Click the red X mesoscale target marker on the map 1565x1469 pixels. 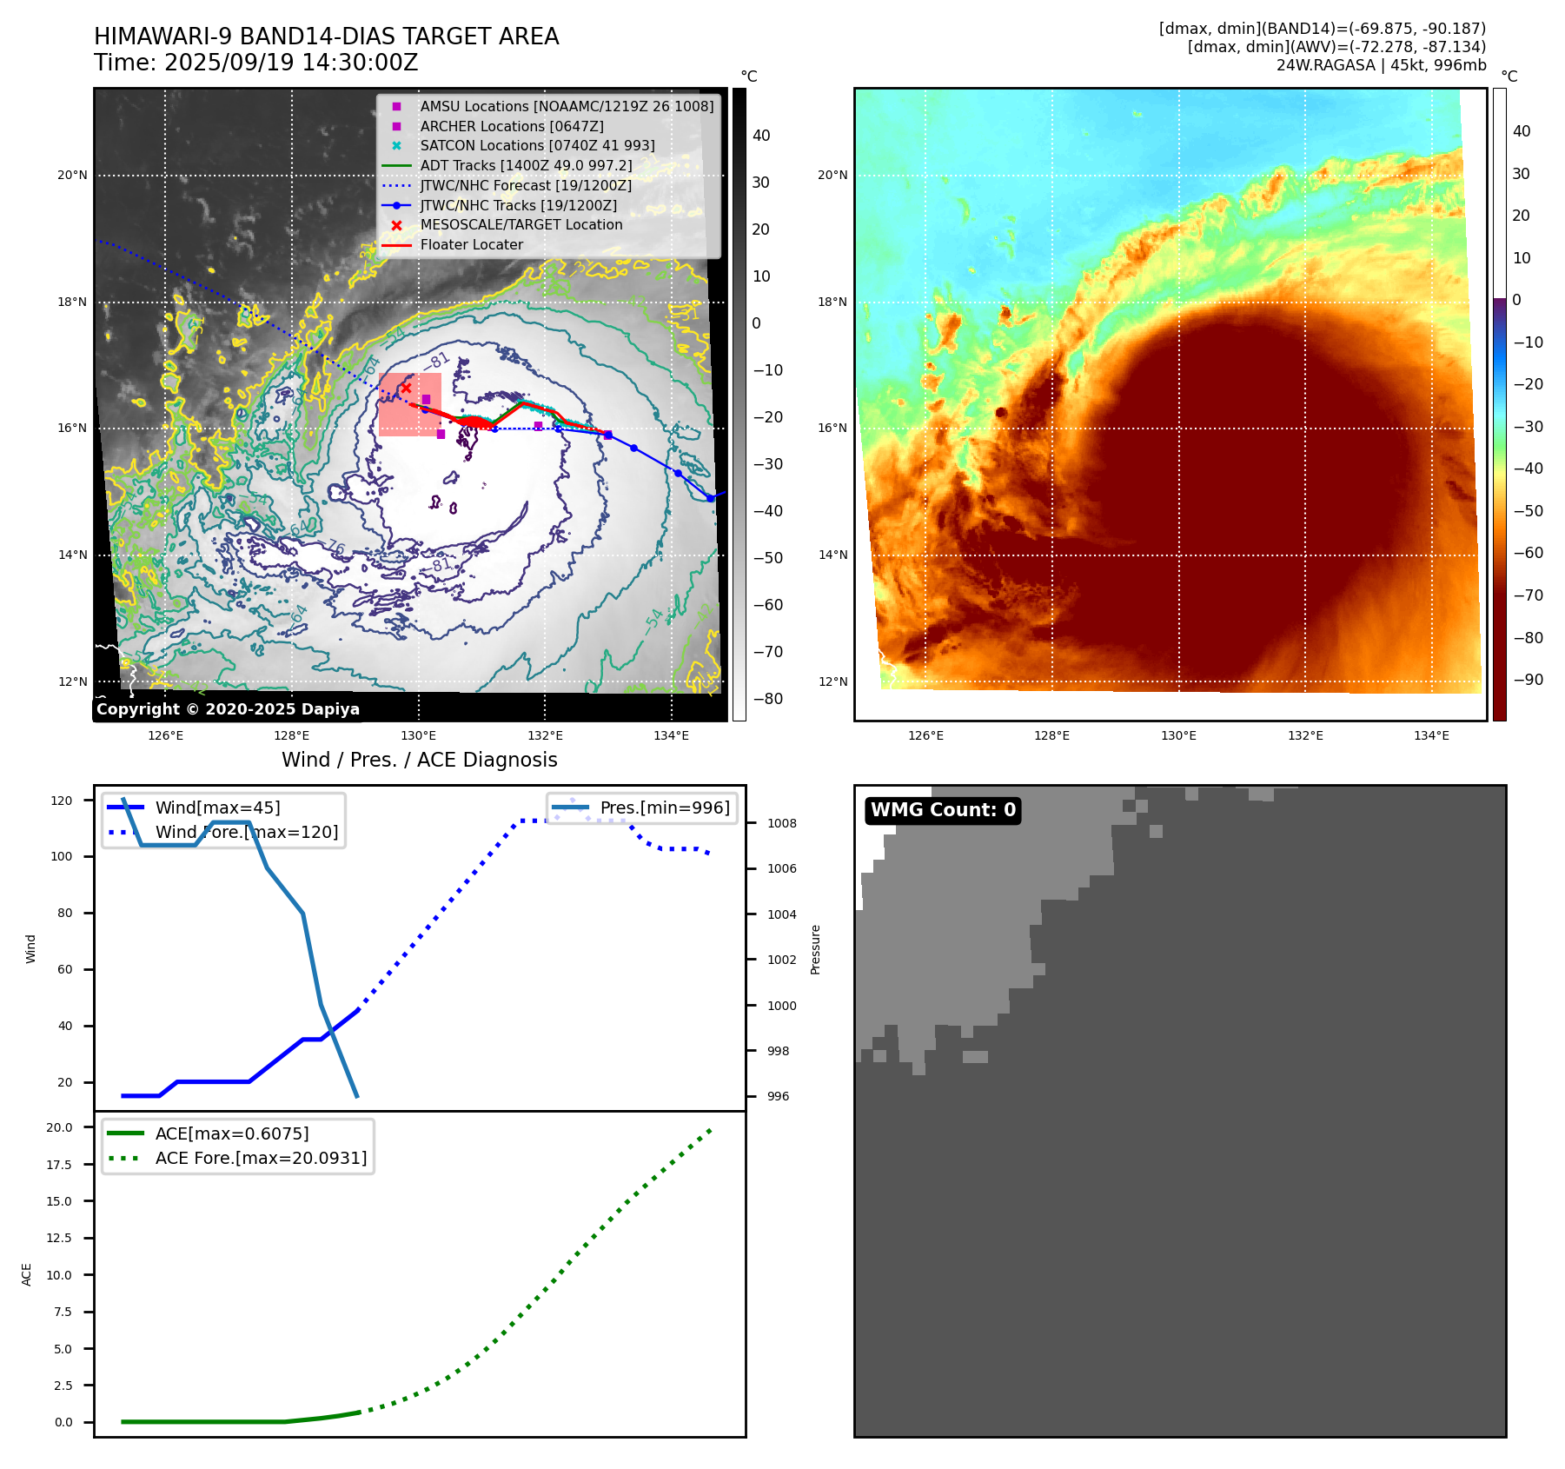(406, 388)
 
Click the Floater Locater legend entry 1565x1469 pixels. (471, 245)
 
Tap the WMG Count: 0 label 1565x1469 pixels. (943, 810)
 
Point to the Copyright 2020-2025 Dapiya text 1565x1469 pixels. (228, 709)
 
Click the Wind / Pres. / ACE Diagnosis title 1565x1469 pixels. (419, 760)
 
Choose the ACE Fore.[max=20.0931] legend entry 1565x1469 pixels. (261, 1158)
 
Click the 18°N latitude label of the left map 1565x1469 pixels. (73, 302)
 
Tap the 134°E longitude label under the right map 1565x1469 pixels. (1431, 735)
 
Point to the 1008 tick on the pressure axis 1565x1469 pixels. (781, 823)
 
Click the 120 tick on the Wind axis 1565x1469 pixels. (63, 801)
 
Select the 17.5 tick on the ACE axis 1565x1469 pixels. (60, 1165)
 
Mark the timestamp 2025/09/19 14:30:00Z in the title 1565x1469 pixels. (290, 63)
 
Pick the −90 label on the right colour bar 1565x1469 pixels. (1528, 680)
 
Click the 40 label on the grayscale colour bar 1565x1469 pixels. (761, 136)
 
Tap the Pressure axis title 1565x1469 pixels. (815, 949)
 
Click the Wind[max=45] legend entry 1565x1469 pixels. (217, 808)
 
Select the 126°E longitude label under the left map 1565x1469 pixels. (165, 735)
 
